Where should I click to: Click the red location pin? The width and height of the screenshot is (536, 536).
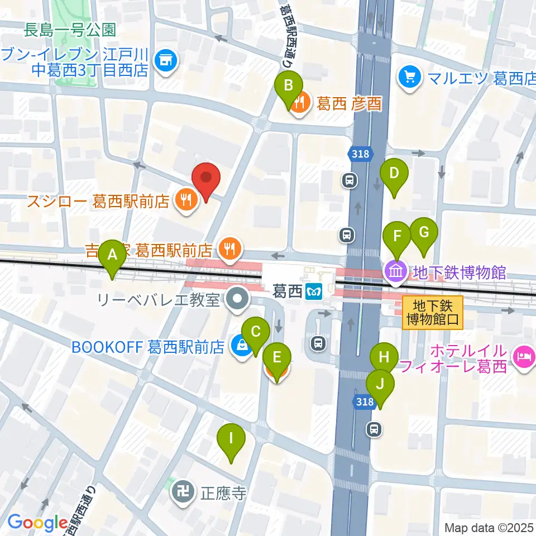(x=206, y=180)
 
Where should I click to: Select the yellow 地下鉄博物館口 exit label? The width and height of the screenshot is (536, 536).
(x=433, y=312)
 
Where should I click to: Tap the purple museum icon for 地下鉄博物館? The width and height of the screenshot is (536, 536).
(x=396, y=272)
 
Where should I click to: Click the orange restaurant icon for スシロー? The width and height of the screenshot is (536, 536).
(x=186, y=199)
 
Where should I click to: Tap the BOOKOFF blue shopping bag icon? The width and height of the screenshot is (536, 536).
(x=242, y=347)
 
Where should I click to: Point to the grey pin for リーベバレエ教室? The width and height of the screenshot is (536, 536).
(x=238, y=300)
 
